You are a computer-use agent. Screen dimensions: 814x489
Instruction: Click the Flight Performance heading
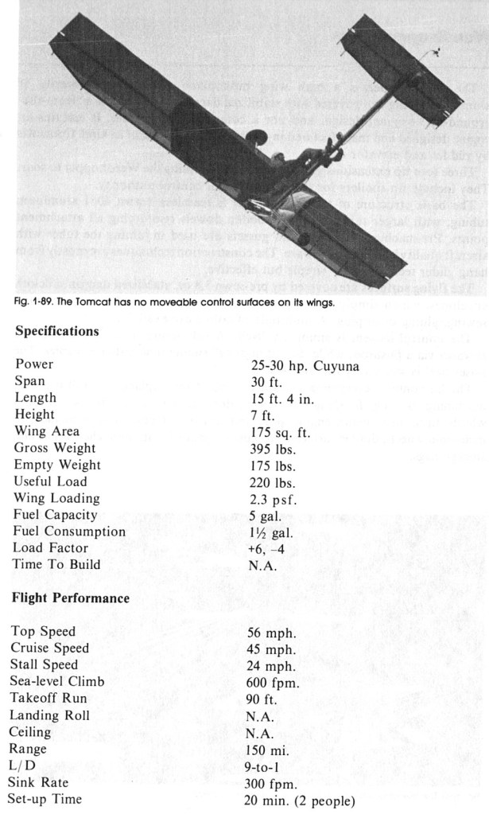point(70,597)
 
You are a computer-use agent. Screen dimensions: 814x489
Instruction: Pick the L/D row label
point(28,765)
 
